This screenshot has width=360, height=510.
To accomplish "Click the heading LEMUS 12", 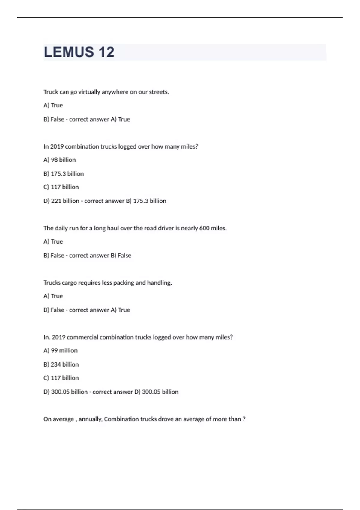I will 79,52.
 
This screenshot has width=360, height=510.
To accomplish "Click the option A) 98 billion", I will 59,160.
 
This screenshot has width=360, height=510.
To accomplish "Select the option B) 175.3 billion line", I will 64,174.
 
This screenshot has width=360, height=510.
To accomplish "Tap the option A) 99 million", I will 60,350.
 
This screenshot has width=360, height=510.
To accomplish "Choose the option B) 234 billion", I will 61,364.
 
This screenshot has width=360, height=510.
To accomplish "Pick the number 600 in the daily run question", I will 204,228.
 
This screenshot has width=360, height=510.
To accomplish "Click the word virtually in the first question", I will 89,92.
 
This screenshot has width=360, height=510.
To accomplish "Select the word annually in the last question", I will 91,419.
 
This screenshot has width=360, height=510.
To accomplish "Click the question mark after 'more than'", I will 244,419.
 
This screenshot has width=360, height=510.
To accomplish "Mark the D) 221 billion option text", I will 61,201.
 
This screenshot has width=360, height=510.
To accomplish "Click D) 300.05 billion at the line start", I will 66,392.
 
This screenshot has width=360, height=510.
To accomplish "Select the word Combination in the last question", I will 121,419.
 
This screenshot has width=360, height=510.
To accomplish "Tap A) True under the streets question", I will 53,105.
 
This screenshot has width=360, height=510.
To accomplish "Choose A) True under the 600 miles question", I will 53,241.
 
